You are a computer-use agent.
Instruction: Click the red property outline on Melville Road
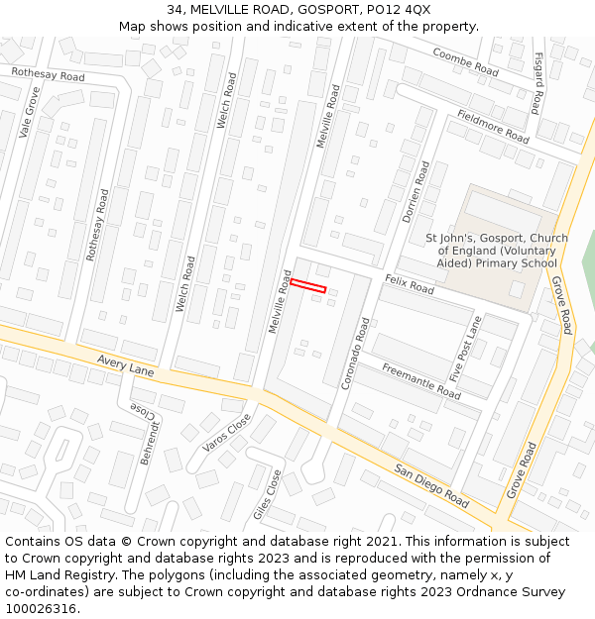(307, 286)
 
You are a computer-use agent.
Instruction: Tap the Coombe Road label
(464, 62)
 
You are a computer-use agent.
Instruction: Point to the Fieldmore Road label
(493, 127)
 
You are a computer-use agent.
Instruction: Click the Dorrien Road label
(416, 192)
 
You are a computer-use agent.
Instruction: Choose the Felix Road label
(410, 285)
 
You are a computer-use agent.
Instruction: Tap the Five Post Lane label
(465, 350)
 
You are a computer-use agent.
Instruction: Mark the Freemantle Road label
(421, 381)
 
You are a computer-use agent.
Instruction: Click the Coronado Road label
(355, 354)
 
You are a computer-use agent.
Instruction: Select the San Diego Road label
(430, 485)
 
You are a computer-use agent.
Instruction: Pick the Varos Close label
(226, 431)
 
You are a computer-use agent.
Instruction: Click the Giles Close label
(268, 495)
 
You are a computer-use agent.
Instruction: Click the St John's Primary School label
(497, 251)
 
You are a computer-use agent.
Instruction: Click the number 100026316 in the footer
(43, 608)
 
